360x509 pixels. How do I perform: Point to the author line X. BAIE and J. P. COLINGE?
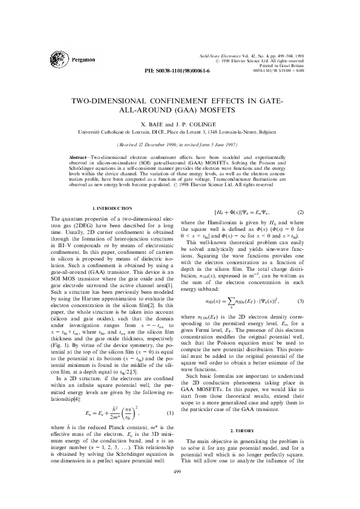[x=180, y=123]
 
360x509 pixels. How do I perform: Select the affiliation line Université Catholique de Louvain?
[x=180, y=130]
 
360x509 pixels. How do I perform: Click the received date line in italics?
[x=180, y=145]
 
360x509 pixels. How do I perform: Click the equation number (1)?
[x=171, y=396]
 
